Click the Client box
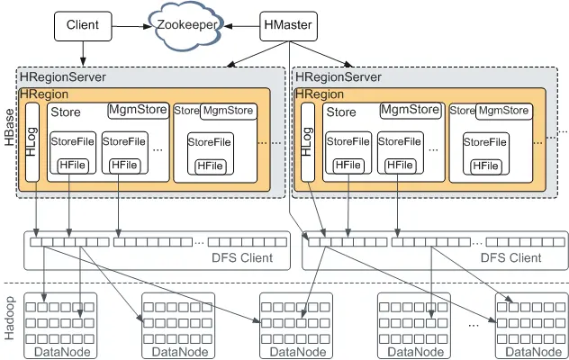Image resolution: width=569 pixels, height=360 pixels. [83, 26]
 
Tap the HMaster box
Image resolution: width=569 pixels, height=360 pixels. [287, 26]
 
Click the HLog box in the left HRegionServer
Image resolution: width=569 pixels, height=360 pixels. [34, 142]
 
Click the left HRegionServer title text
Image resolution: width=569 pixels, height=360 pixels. [59, 77]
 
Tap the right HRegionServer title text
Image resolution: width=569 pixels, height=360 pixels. [339, 77]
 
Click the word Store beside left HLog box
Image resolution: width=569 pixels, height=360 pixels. [66, 113]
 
